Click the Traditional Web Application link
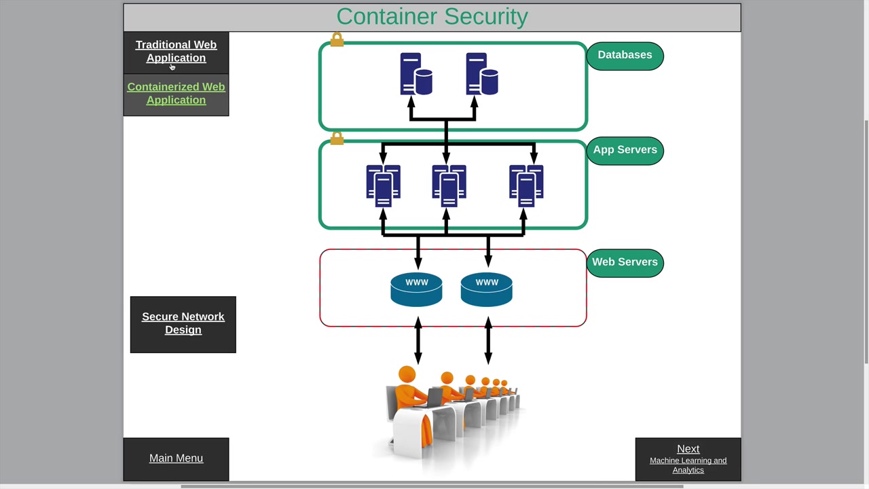[176, 52]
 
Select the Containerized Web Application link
[176, 94]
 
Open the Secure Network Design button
[183, 323]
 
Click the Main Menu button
[176, 458]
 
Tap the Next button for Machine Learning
[688, 458]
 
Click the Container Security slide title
[432, 17]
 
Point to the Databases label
[625, 55]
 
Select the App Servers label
[625, 150]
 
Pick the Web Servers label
[625, 262]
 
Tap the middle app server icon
[449, 185]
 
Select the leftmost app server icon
[383, 185]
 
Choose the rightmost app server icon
[526, 185]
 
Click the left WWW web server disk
[416, 290]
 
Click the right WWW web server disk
[486, 290]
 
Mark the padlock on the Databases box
[337, 40]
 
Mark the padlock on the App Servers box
[337, 138]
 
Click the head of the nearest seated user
[407, 374]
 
